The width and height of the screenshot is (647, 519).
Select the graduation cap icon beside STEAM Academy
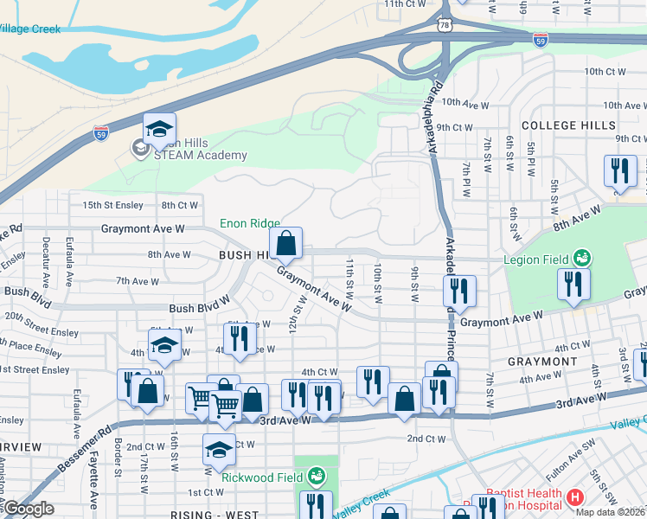point(160,130)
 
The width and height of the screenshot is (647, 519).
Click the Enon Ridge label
point(250,223)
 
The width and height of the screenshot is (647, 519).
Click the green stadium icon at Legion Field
point(583,258)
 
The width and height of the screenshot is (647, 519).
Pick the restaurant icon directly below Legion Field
point(573,285)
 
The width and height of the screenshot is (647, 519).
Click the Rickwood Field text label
point(263,477)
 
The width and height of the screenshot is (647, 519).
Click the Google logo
point(28,509)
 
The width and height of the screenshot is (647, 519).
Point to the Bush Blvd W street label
point(199,307)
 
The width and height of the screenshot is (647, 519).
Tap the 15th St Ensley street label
point(112,205)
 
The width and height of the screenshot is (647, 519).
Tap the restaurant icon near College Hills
point(620,172)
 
